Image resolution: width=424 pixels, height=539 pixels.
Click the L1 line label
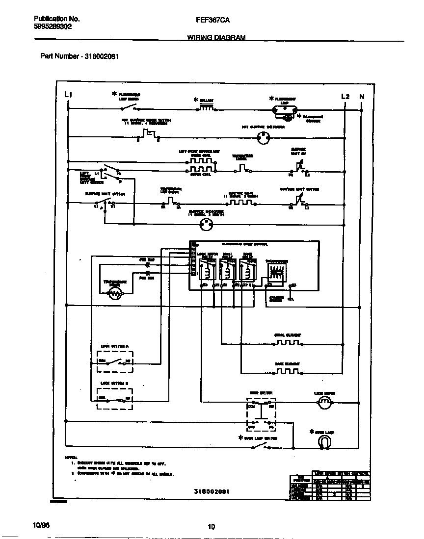68,95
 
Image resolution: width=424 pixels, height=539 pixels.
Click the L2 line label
345,97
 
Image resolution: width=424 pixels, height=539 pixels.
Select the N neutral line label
362,97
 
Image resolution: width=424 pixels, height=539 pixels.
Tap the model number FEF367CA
212,20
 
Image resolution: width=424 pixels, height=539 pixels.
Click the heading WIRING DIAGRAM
216,37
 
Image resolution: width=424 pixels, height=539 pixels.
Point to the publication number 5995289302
53,27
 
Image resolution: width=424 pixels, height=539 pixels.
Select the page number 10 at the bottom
211,527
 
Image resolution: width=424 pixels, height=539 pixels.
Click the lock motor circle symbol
323,403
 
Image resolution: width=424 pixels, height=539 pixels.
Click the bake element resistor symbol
287,371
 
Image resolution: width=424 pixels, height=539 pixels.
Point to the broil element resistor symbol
287,342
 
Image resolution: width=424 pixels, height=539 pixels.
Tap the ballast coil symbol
206,108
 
